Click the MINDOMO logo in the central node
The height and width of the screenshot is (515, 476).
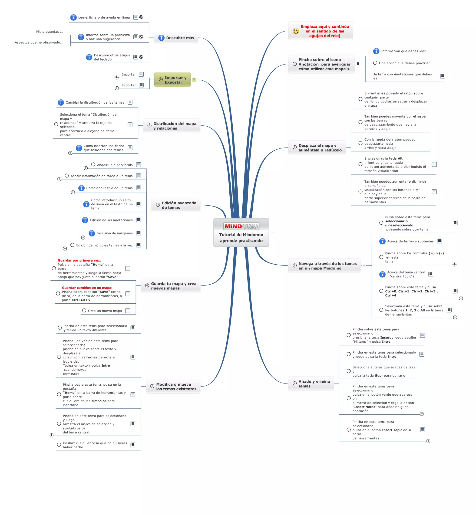coord(241,226)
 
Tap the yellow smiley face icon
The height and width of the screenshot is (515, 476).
coord(296,31)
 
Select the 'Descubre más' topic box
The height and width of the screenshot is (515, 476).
coord(176,38)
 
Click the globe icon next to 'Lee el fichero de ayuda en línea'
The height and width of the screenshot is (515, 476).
coord(141,17)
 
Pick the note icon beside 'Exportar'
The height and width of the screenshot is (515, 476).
coord(141,85)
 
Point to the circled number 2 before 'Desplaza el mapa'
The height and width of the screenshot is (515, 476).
coord(295,148)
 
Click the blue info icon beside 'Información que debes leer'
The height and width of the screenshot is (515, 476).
coord(376,51)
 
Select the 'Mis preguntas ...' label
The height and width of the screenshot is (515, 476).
coord(50,32)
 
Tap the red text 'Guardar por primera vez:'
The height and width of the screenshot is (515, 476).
coord(79,260)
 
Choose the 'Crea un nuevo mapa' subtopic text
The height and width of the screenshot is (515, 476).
coord(105,311)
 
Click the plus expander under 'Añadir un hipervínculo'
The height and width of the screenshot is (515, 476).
coord(86,168)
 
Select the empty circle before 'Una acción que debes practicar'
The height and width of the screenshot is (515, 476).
coord(375,63)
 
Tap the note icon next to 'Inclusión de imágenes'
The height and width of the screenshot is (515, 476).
coord(139,233)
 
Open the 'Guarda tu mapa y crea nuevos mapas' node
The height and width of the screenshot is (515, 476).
coord(171,286)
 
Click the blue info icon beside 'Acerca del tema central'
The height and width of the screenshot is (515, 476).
coord(382,274)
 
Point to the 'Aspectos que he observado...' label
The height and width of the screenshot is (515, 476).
coord(39,43)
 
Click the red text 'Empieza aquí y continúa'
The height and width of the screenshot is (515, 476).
coord(324,26)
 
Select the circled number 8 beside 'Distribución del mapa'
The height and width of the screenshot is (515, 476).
coord(149,126)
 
